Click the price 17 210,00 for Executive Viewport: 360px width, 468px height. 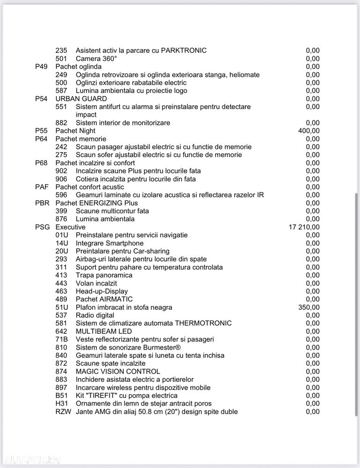(x=304, y=227)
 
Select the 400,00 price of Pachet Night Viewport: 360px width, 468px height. (x=309, y=131)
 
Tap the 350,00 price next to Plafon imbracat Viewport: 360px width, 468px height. (x=309, y=307)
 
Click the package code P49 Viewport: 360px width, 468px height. (x=42, y=66)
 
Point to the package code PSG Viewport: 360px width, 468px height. (x=42, y=227)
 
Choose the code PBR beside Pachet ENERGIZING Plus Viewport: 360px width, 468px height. (x=42, y=203)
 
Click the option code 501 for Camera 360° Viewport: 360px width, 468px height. (x=61, y=58)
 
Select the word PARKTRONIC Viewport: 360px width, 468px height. (x=184, y=51)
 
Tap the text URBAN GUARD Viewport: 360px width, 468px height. (x=81, y=99)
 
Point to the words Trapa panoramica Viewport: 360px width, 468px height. (x=104, y=275)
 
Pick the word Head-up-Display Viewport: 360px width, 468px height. (x=101, y=291)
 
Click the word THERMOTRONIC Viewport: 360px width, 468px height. (x=203, y=323)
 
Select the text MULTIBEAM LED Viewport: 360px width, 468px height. (x=104, y=331)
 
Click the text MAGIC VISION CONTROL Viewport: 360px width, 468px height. (x=118, y=372)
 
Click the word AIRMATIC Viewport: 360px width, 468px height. (x=116, y=299)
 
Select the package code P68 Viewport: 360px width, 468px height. (x=42, y=163)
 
